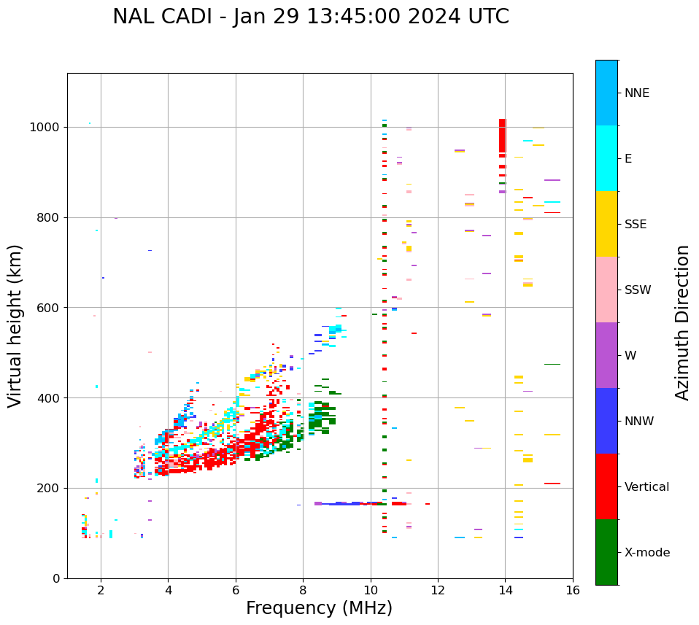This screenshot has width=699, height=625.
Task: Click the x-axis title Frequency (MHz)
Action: pyautogui.click(x=319, y=608)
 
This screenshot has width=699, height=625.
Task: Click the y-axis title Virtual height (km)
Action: pyautogui.click(x=15, y=326)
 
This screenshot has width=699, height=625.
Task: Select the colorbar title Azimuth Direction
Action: pyautogui.click(x=682, y=322)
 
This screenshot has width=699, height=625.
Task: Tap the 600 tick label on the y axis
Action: pyautogui.click(x=52, y=307)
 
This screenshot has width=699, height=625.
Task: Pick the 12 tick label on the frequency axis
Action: pyautogui.click(x=438, y=591)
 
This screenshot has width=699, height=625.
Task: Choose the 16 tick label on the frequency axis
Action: pyautogui.click(x=573, y=591)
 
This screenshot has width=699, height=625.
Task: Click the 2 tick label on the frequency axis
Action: pyautogui.click(x=101, y=591)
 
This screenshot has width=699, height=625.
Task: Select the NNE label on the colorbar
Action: pyautogui.click(x=636, y=93)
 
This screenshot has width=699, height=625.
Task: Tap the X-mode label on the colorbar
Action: pyautogui.click(x=646, y=552)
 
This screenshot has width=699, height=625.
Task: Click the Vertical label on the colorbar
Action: pyautogui.click(x=646, y=486)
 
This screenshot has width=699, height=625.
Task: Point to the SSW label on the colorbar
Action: pyautogui.click(x=638, y=290)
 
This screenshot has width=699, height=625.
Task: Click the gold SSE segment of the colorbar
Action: pyautogui.click(x=606, y=223)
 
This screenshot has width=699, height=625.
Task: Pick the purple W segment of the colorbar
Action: pyautogui.click(x=606, y=355)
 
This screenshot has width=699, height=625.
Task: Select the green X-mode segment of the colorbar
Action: pyautogui.click(x=606, y=552)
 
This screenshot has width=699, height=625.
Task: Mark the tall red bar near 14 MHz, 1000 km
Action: pyautogui.click(x=502, y=136)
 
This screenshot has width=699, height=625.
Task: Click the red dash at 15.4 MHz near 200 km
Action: pyautogui.click(x=552, y=484)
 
